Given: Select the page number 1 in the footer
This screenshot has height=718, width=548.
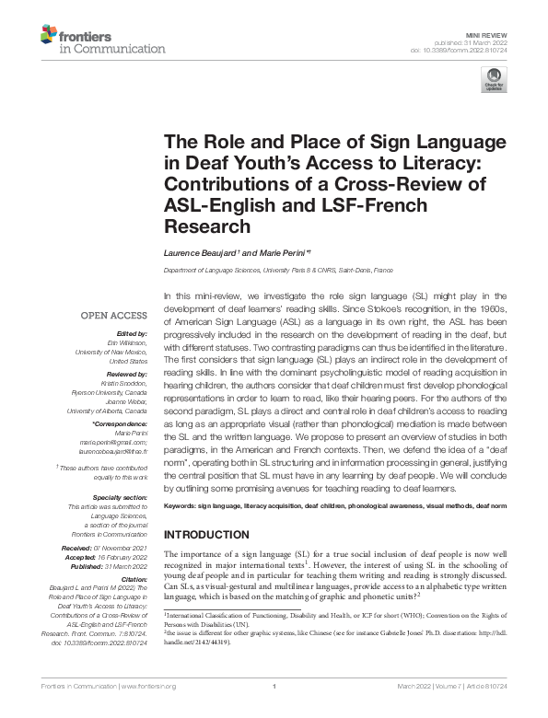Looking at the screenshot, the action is point(274,712).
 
